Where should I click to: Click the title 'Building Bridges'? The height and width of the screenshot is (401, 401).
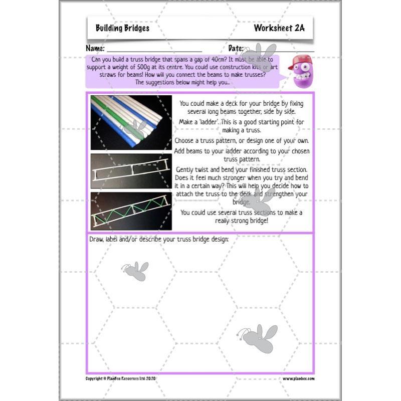point(122,29)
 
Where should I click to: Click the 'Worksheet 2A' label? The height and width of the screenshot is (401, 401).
point(279,29)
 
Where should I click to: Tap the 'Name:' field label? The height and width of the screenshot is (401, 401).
point(95,49)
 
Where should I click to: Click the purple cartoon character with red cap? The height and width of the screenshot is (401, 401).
point(302,72)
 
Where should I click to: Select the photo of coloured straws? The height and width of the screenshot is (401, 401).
point(131,122)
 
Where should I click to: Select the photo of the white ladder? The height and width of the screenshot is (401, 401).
point(131,171)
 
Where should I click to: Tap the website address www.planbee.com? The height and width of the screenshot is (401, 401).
point(298,379)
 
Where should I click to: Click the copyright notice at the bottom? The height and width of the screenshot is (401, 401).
point(121,379)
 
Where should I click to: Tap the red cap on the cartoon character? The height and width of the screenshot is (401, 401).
point(299,62)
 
